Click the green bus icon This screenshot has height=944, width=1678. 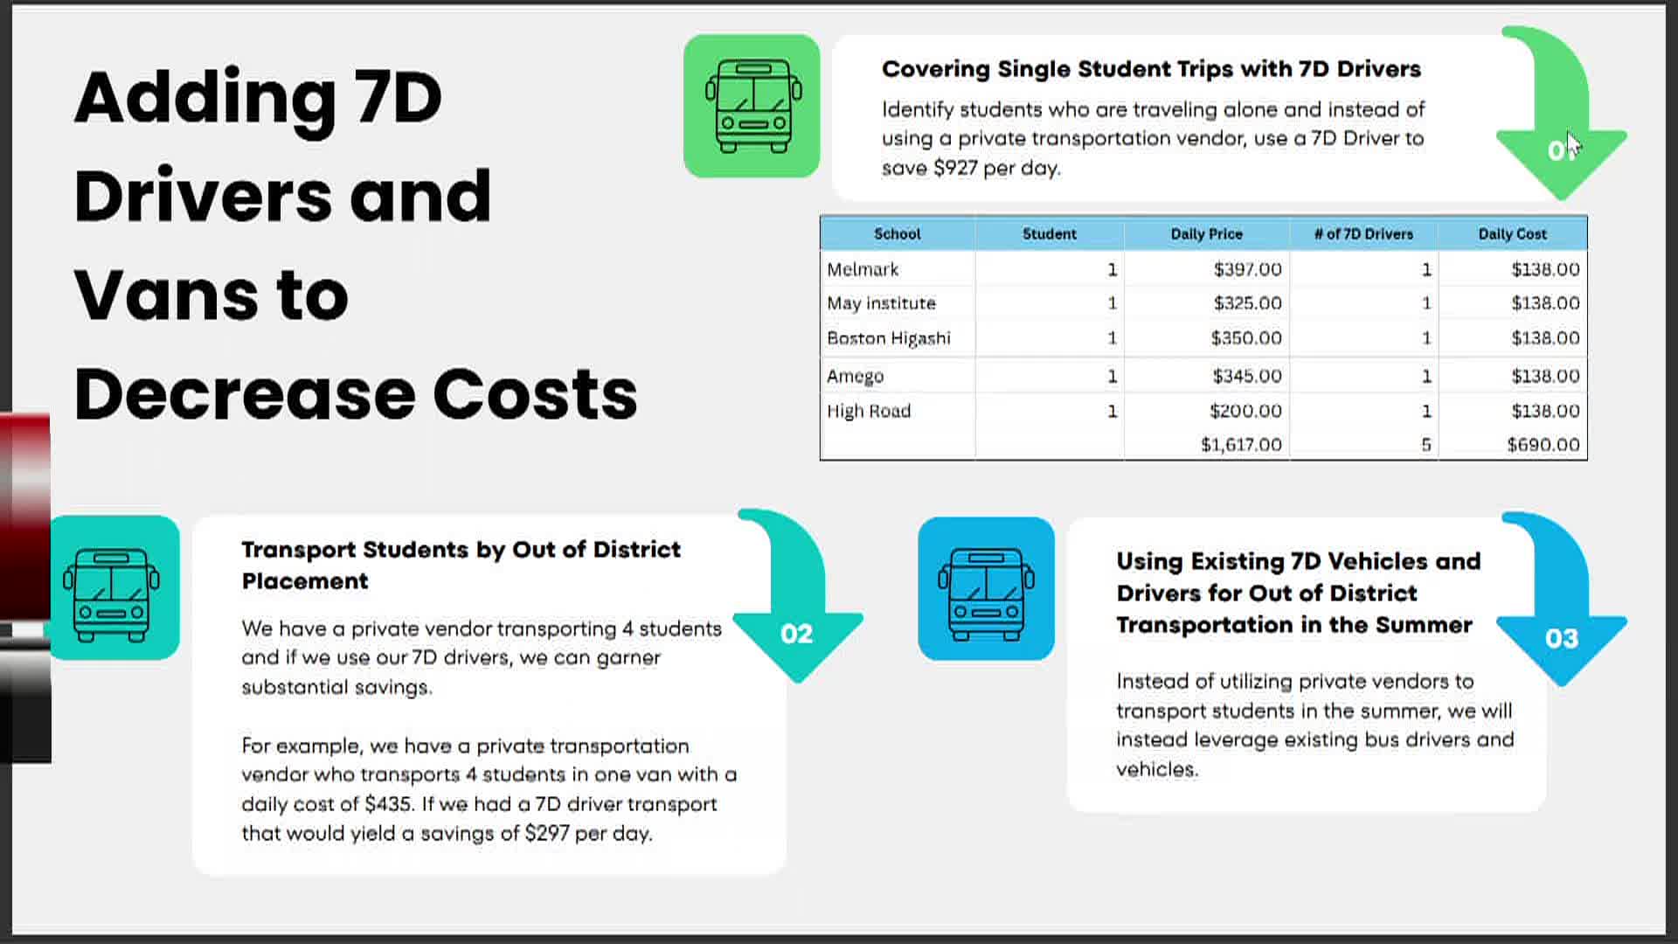point(752,106)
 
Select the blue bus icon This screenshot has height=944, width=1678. point(986,588)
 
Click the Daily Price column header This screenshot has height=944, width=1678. point(1206,234)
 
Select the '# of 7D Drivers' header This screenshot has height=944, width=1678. point(1363,234)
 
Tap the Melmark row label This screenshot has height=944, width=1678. point(863,269)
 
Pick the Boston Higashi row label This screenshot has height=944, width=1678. point(889,338)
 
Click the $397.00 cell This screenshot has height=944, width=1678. point(1247,269)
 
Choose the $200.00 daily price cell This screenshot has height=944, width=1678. point(1245,411)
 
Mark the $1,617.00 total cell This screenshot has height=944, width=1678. point(1241,445)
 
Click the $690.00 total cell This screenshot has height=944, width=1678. point(1543,445)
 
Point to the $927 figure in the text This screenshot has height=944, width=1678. point(955,168)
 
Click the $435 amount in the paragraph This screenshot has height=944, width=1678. point(388,804)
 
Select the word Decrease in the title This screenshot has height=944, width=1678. point(245,393)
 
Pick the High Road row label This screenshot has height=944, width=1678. point(869,411)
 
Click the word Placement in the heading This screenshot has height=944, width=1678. point(305,581)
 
